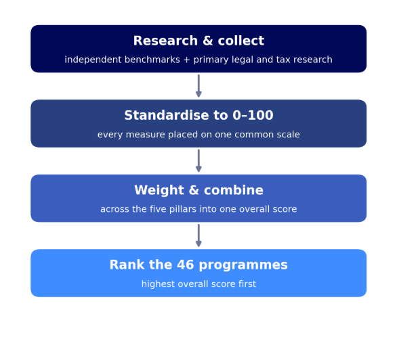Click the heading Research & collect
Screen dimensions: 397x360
198,41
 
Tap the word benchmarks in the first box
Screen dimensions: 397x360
152,60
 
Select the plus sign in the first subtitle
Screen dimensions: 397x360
186,60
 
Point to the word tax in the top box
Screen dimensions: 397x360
283,60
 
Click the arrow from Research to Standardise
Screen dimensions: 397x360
198,86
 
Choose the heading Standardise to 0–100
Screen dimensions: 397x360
198,115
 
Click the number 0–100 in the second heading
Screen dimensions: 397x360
253,115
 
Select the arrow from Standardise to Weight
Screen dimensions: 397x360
198,161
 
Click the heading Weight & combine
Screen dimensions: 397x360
198,190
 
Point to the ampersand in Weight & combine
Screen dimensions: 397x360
194,190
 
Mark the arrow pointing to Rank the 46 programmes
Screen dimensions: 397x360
198,235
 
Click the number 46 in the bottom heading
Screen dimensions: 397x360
186,265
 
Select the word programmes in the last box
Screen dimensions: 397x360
243,265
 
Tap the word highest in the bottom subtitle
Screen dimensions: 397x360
158,284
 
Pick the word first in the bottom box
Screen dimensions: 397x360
247,284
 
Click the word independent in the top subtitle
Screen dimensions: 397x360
93,60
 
